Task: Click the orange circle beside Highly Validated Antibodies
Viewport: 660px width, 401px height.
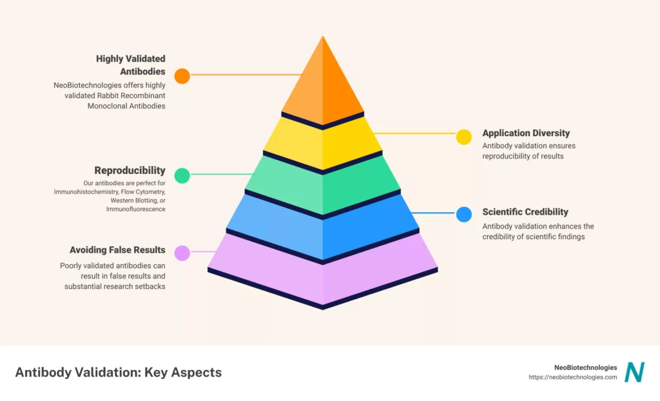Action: [182, 76]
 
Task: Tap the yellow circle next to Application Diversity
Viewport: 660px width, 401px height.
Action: [464, 137]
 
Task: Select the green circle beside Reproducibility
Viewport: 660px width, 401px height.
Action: [182, 175]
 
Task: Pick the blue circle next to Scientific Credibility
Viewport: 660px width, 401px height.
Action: [464, 215]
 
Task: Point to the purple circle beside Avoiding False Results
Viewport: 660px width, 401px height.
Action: [182, 253]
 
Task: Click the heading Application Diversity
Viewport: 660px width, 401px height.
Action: [526, 133]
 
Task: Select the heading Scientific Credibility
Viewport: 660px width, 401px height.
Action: [525, 211]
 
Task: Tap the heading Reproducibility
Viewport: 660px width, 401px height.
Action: [130, 171]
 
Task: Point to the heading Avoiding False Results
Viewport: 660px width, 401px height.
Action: [117, 249]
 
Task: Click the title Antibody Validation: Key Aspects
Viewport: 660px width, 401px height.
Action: [118, 373]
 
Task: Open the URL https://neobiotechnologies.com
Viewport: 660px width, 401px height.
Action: [572, 377]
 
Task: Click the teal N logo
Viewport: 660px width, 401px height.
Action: [635, 372]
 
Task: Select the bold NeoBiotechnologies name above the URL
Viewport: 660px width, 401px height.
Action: [585, 367]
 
